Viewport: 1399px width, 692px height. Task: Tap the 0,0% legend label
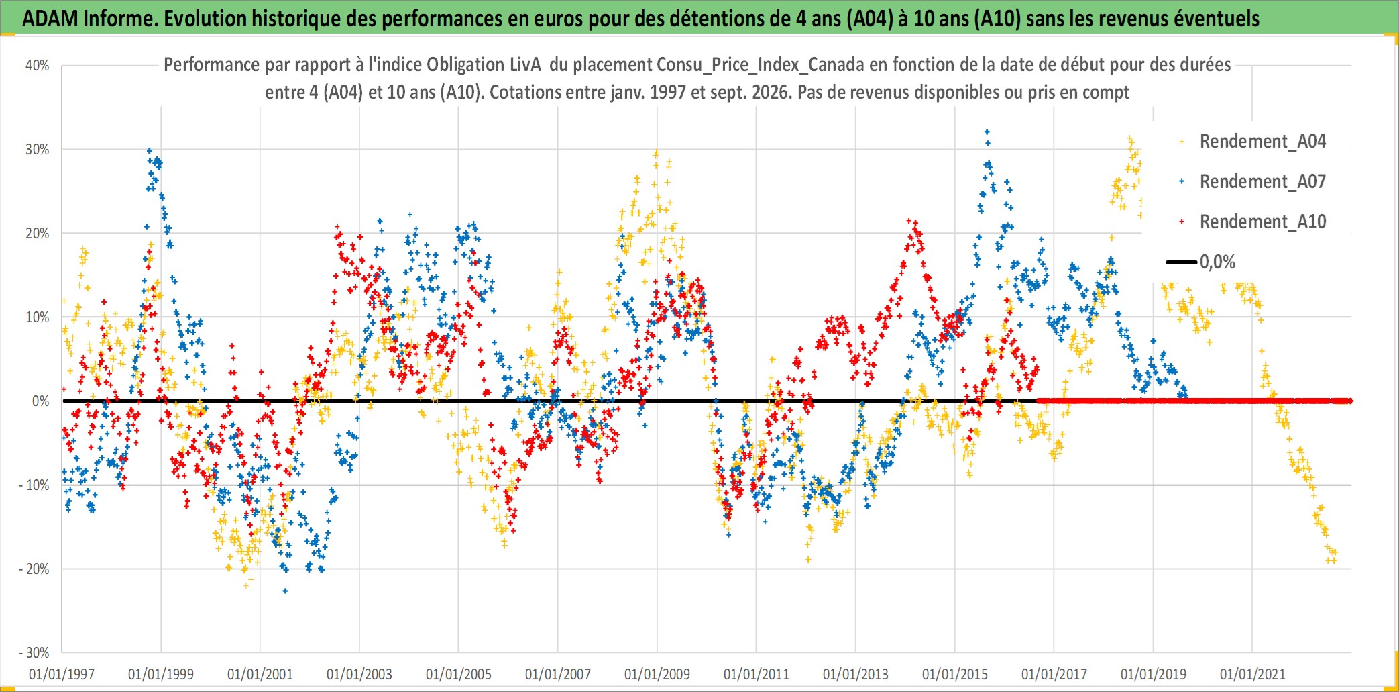[x=1217, y=262]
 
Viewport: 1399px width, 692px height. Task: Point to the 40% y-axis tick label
[x=38, y=66]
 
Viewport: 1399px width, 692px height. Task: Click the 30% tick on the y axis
[x=38, y=150]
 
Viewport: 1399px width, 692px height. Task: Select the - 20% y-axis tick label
[x=34, y=569]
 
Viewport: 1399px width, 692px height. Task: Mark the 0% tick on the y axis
[x=41, y=401]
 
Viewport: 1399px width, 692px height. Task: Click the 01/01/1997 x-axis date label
[x=62, y=674]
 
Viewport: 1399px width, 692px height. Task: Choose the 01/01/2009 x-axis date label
[x=657, y=674]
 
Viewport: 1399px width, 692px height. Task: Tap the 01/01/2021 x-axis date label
[x=1253, y=674]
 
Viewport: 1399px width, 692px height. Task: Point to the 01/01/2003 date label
[x=359, y=674]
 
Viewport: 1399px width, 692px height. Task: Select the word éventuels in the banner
[x=1217, y=19]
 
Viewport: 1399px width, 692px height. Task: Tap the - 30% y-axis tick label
[x=34, y=653]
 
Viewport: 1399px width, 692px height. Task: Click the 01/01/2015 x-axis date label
[x=955, y=674]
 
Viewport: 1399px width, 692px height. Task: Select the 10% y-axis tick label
[x=38, y=317]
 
